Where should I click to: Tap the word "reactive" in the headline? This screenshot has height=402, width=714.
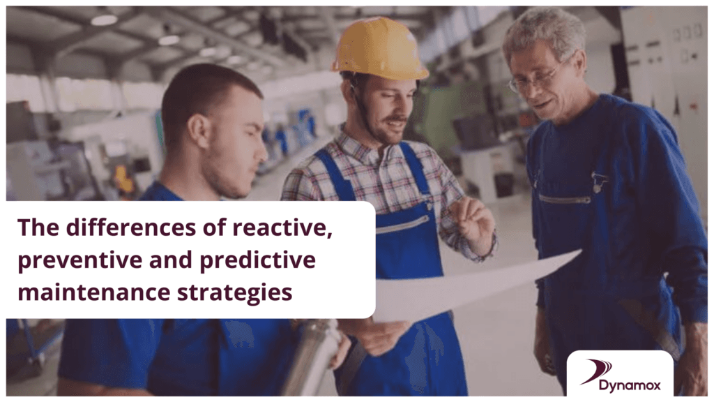tap(282, 227)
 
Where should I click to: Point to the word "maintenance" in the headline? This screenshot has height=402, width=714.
tap(94, 292)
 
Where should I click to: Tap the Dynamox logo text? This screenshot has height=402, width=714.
tap(630, 385)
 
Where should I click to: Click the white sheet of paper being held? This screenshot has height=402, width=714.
tap(469, 287)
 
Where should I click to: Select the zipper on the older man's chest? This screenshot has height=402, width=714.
tap(564, 199)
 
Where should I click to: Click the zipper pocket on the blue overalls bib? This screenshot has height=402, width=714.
tap(402, 223)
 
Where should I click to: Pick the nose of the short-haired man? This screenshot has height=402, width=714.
tap(261, 154)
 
